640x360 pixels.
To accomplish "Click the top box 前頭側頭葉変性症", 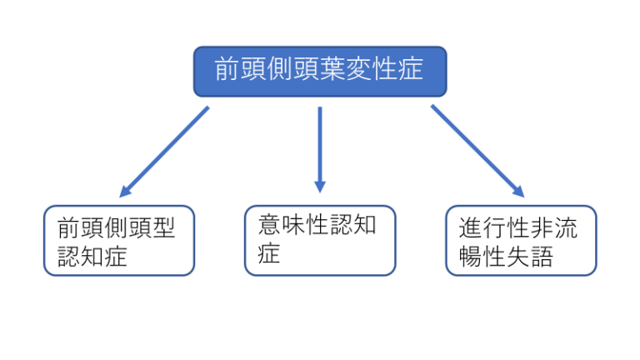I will pyautogui.click(x=320, y=71).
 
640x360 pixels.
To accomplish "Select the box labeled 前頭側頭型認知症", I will pyautogui.click(x=119, y=240).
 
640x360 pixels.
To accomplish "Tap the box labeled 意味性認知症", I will pyautogui.click(x=320, y=240).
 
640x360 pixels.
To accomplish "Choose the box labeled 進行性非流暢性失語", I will pyautogui.click(x=521, y=240).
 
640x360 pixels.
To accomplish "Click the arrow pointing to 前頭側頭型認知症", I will pyautogui.click(x=164, y=151).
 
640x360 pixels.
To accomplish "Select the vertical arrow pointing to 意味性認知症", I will pyautogui.click(x=320, y=146).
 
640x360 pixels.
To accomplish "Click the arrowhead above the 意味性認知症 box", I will pyautogui.click(x=320, y=186).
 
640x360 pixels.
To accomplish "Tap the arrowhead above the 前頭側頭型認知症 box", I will pyautogui.click(x=127, y=191).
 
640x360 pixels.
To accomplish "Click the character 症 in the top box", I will pyautogui.click(x=411, y=69).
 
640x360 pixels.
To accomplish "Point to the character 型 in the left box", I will pyautogui.click(x=164, y=227).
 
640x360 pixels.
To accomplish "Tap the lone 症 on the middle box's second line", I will pyautogui.click(x=267, y=252).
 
